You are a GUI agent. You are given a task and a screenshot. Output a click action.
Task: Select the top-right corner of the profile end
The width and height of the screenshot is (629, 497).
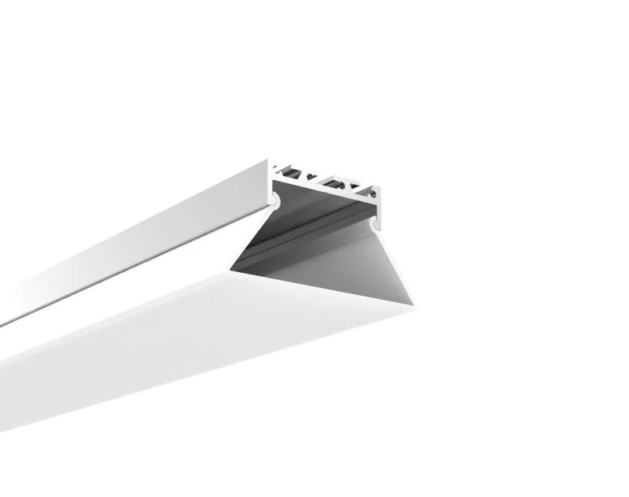tap(382, 186)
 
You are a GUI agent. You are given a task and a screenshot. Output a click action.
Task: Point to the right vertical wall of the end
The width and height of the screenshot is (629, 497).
tap(378, 208)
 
